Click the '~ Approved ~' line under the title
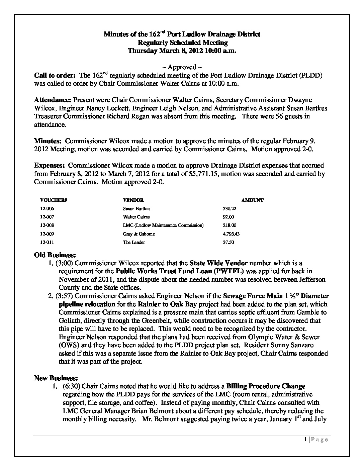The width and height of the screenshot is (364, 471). click(x=182, y=67)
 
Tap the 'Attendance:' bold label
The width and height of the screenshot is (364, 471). click(x=53, y=100)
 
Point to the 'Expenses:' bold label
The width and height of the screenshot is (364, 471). click(x=50, y=166)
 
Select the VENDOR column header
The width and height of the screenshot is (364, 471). click(x=133, y=200)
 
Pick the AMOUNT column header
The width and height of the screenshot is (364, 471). click(x=252, y=200)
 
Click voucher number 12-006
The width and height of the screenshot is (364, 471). click(x=47, y=208)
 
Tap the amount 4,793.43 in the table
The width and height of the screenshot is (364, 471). click(x=231, y=234)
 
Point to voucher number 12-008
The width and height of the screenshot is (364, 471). click(x=47, y=225)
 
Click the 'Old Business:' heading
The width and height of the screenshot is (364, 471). click(x=53, y=255)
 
